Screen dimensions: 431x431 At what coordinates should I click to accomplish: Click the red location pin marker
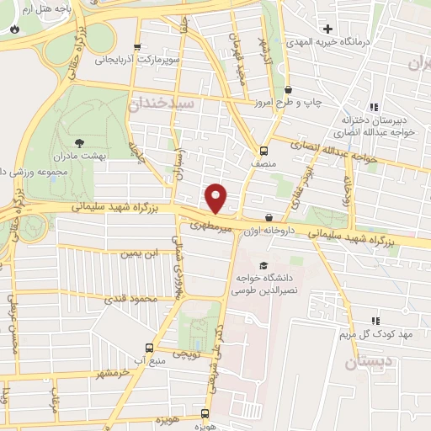[x=217, y=198]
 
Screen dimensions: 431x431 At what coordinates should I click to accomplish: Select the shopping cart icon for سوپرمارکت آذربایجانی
[x=137, y=48]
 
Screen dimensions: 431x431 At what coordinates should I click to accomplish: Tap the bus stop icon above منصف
[x=264, y=152]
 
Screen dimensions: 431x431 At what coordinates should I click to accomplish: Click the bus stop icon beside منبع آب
[x=150, y=347]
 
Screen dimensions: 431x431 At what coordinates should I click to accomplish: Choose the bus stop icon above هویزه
[x=205, y=413]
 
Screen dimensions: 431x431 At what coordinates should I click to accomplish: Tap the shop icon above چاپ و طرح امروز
[x=289, y=90]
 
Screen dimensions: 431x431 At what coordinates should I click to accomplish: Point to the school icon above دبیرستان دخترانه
[x=375, y=107]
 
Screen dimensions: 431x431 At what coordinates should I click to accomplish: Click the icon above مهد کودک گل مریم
[x=375, y=321]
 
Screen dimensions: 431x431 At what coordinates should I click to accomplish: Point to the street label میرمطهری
[x=210, y=226]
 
